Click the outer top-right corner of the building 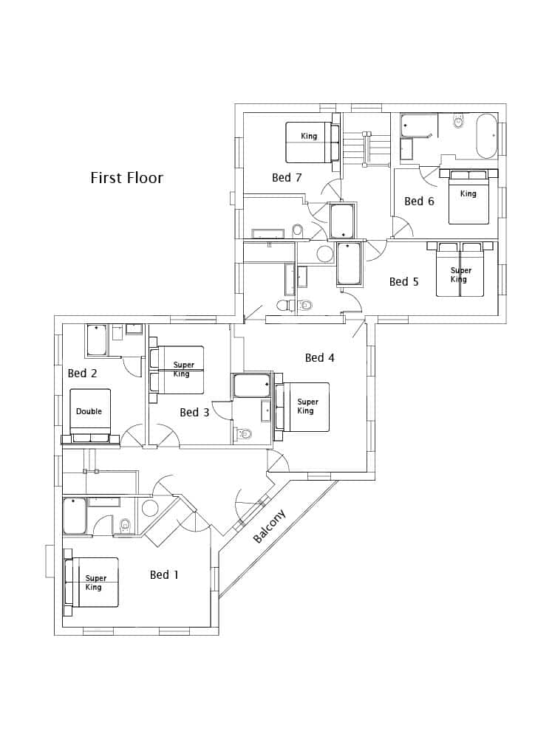pos(506,103)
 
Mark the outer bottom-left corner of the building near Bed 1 pos(55,635)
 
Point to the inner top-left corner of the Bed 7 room pos(244,113)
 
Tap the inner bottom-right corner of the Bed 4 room pos(367,472)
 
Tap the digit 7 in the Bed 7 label pos(298,177)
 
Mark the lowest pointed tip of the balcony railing pos(219,598)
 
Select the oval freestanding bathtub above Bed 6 pos(486,137)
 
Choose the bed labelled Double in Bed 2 pos(90,415)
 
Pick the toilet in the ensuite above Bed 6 pos(458,121)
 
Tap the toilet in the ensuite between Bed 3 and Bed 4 pos(245,433)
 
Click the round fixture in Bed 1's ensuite pos(150,509)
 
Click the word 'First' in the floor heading pos(106,178)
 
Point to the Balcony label pos(270,526)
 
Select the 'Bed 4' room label pos(319,358)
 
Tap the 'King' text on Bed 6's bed pos(468,194)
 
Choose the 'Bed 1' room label pos(164,574)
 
